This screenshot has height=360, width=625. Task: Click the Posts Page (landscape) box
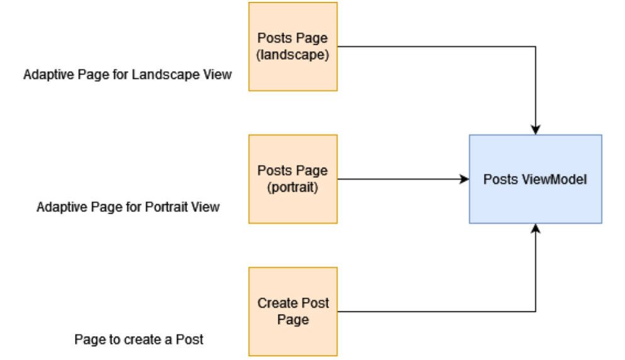[293, 46]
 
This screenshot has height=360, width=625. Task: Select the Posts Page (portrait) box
[293, 178]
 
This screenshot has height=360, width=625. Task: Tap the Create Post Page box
[293, 311]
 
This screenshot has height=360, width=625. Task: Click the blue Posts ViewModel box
[535, 179]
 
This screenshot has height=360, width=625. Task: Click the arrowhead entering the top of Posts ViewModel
[535, 130]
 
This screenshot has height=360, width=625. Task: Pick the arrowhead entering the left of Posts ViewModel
[464, 179]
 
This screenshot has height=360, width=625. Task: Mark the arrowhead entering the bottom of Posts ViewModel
[535, 228]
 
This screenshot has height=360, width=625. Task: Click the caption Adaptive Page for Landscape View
[128, 75]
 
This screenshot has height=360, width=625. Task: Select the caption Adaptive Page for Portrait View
[128, 207]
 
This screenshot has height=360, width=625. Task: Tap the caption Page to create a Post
[139, 339]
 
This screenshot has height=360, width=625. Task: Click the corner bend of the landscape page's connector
[535, 46]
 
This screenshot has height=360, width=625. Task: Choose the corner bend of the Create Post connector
[535, 311]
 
